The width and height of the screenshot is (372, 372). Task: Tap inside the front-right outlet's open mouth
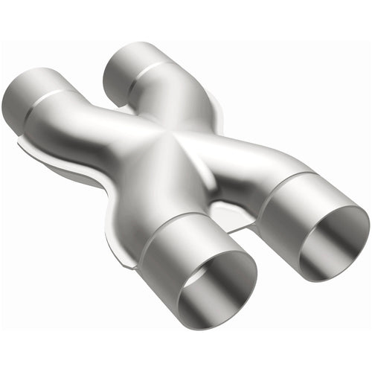pos(335,242)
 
